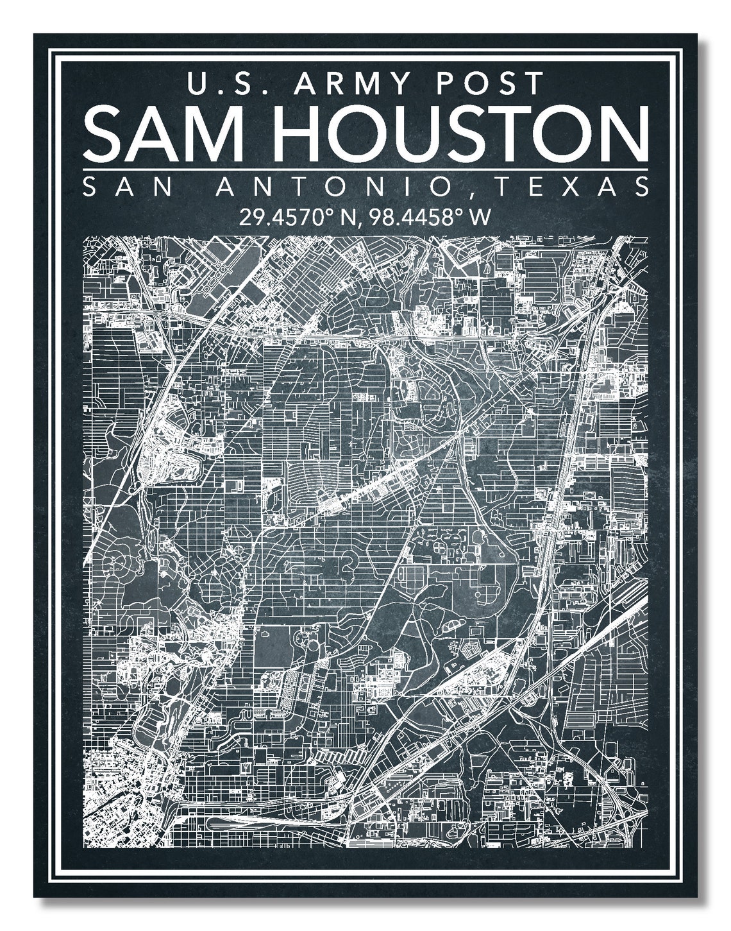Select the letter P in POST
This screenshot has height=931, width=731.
tap(451, 83)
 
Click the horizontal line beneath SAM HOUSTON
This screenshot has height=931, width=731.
tap(365, 169)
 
